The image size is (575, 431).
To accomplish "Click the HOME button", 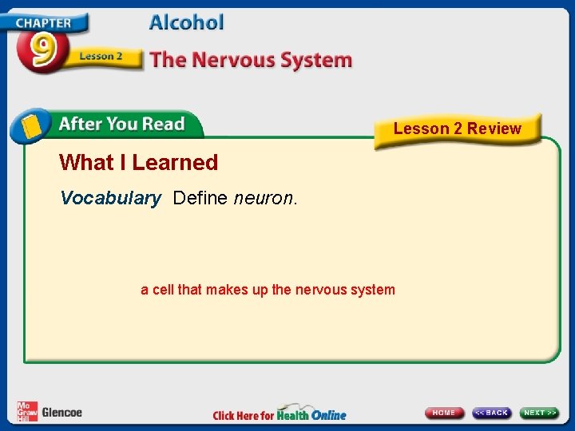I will click(444, 413).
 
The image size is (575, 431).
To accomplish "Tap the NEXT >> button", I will click(540, 413).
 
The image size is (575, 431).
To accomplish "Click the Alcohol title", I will click(186, 22).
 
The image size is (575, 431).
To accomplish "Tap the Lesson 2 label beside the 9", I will click(101, 57).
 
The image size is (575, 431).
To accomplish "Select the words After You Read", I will click(121, 124).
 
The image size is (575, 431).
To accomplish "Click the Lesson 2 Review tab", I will click(457, 129).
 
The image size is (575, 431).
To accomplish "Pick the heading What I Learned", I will click(138, 163).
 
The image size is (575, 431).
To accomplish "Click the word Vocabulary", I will click(110, 198).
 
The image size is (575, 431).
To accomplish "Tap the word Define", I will click(200, 198).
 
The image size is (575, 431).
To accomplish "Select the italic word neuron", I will click(263, 198).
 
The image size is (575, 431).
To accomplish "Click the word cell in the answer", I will click(163, 290).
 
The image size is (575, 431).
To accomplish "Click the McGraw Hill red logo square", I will click(27, 411).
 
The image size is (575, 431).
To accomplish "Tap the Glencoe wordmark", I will click(61, 413).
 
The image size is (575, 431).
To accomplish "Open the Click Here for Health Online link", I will click(280, 414).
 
